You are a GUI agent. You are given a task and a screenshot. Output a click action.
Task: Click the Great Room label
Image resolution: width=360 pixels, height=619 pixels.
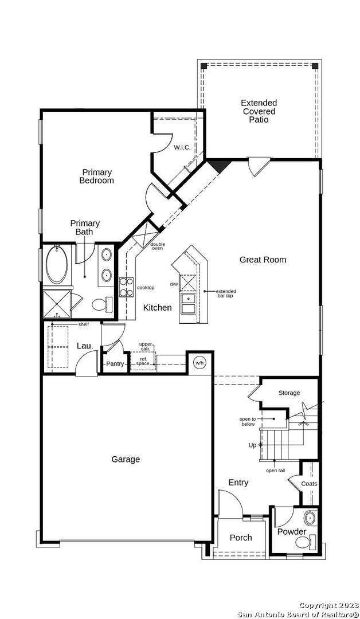[x=263, y=260]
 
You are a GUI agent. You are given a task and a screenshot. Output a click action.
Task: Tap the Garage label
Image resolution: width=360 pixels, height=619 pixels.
[x=126, y=460]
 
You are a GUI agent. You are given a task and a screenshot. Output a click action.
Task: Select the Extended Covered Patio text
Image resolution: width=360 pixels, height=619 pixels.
[x=259, y=111]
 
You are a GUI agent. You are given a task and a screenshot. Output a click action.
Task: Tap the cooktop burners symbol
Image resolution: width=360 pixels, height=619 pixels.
[x=126, y=287]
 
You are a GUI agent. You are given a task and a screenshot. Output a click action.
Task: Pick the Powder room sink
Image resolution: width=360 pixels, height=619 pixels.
[x=310, y=518]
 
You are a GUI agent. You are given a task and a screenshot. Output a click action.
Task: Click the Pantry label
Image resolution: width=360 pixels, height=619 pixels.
[x=115, y=364]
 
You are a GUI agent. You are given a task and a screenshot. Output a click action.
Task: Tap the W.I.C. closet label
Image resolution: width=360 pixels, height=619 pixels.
[x=182, y=148]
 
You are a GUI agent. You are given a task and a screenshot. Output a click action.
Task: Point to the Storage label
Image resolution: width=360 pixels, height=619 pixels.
[x=289, y=393]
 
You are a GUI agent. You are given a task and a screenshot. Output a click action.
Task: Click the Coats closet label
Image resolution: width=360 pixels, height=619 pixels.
[x=309, y=484]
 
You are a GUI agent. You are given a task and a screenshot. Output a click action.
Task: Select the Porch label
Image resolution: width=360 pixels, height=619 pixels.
[x=241, y=538]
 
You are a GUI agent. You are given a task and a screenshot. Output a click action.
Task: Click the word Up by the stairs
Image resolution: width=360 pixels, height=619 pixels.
[x=252, y=445]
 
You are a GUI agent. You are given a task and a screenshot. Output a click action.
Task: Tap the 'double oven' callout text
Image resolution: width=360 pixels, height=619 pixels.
[x=158, y=246]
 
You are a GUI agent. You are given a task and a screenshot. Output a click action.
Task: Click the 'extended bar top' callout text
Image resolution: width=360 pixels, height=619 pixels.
[x=226, y=293]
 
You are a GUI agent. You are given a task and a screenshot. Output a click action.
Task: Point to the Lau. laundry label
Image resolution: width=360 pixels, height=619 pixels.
[x=85, y=346]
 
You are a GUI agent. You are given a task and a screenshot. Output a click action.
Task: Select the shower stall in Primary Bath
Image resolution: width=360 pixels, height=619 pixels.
[x=57, y=304]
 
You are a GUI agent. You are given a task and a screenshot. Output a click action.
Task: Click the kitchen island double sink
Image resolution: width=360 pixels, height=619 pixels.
[x=188, y=304]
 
